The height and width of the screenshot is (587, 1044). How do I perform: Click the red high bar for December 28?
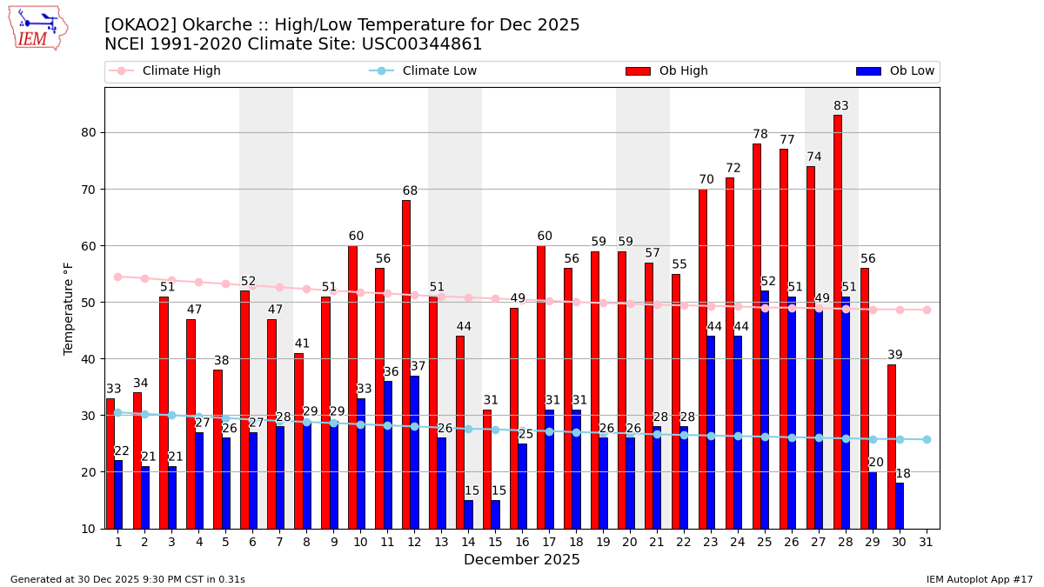pos(838,322)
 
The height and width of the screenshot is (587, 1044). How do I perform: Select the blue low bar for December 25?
pos(765,409)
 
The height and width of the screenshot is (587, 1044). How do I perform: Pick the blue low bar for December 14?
pos(469,514)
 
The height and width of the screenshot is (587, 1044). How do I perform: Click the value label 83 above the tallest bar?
pos(841,106)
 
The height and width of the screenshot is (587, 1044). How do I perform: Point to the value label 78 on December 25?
pos(760,134)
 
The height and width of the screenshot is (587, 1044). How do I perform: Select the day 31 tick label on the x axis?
pos(927,543)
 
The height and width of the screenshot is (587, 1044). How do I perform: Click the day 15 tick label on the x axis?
pos(495,543)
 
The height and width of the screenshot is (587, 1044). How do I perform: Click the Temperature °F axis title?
pos(70,308)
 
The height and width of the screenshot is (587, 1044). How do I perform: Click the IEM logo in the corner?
pos(38,28)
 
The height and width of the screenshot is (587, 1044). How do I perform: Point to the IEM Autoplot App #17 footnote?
pos(980,579)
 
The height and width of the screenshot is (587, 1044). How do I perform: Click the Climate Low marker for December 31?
pos(927,439)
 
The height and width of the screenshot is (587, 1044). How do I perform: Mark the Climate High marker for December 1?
pos(117,277)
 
